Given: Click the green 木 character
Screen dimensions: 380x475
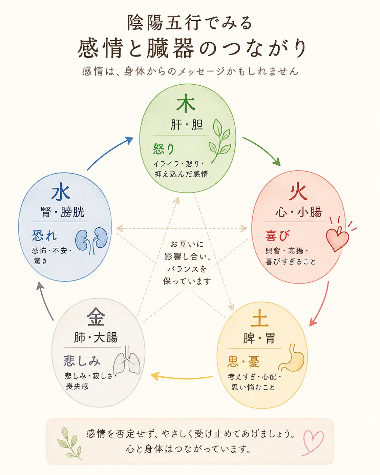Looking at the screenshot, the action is point(186,103).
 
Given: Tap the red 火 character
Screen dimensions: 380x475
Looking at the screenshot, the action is point(298,191).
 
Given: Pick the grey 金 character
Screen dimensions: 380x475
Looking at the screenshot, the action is point(96,317).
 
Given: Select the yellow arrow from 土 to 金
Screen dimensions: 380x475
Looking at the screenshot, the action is point(182,377).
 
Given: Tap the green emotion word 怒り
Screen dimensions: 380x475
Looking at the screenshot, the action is point(164,149).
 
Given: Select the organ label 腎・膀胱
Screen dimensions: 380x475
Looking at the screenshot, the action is point(62,212).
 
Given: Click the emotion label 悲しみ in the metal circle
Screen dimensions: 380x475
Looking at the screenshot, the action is point(82,361).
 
